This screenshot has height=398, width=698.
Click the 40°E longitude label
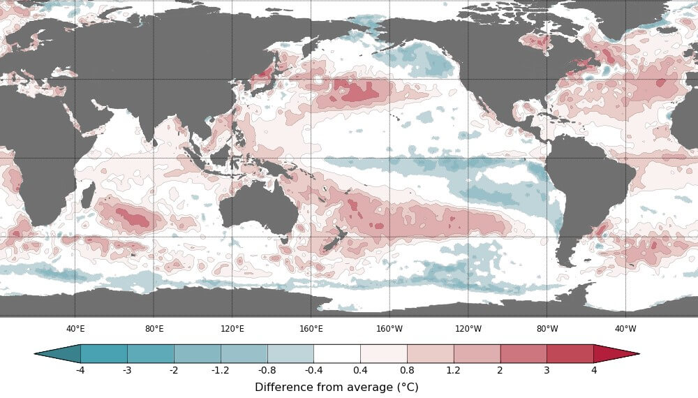click(75, 329)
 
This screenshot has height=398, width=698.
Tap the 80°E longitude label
click(154, 329)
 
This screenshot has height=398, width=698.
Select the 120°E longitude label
click(232, 329)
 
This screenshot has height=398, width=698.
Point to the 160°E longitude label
click(311, 329)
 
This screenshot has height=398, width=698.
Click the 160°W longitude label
click(389, 329)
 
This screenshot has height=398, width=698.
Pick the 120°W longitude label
click(468, 329)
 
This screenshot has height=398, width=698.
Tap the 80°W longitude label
click(547, 329)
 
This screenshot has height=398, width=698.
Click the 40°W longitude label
click(625, 329)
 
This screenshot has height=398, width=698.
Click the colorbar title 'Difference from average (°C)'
click(336, 387)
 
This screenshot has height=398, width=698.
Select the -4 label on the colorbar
click(80, 370)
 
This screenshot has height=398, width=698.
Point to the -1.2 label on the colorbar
click(221, 370)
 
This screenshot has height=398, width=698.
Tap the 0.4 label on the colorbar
click(360, 370)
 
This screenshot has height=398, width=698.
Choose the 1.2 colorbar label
click(454, 370)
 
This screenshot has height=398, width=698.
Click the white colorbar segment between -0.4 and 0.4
click(337, 353)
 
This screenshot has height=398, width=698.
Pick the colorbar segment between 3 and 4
click(570, 353)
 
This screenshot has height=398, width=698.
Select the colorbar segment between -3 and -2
click(150, 353)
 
